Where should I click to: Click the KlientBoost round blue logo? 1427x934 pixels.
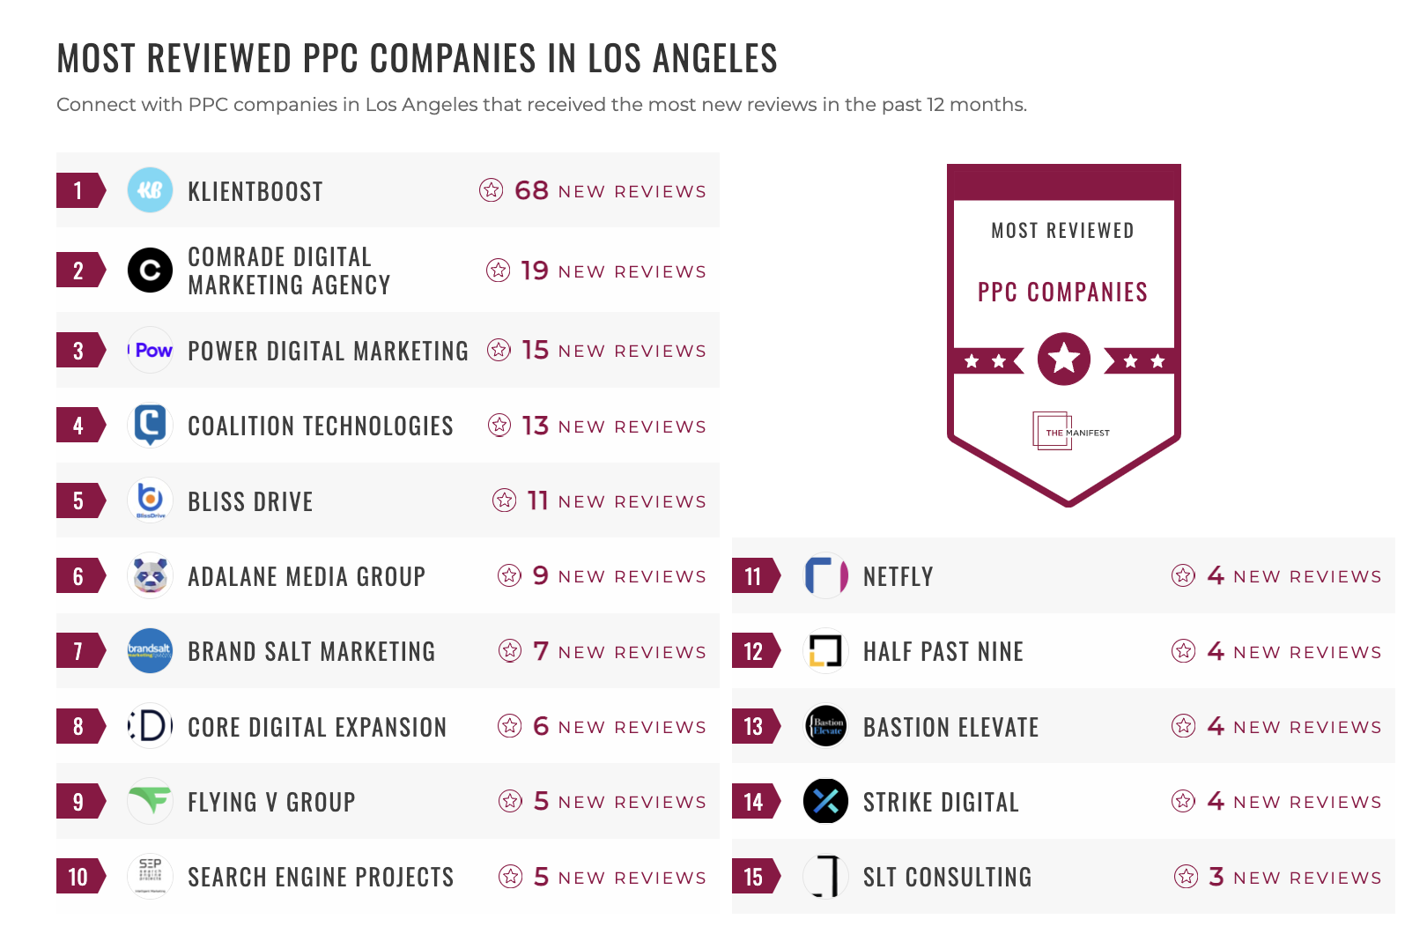click(x=150, y=190)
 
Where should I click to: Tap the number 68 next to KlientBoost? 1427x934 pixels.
click(x=531, y=190)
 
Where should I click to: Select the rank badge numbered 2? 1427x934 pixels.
click(x=79, y=271)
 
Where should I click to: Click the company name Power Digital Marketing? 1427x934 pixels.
click(x=328, y=351)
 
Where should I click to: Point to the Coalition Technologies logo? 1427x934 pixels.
click(x=150, y=425)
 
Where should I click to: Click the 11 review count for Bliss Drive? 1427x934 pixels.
click(x=537, y=500)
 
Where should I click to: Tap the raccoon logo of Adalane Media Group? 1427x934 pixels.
click(x=150, y=576)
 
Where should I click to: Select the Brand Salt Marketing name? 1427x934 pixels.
click(x=311, y=651)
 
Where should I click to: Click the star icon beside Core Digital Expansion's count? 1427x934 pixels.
click(x=510, y=726)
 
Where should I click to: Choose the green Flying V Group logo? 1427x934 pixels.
click(x=150, y=801)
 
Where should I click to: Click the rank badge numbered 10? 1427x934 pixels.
click(x=79, y=877)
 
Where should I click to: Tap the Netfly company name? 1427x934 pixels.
click(x=898, y=576)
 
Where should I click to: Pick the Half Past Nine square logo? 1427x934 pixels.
click(x=825, y=651)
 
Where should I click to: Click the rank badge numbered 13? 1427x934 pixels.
click(x=754, y=726)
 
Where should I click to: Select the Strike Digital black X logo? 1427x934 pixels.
click(x=825, y=801)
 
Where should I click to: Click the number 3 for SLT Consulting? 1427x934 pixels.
click(x=1216, y=877)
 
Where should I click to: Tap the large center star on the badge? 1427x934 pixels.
click(x=1064, y=359)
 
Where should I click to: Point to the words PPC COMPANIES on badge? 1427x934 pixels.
click(x=1062, y=292)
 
